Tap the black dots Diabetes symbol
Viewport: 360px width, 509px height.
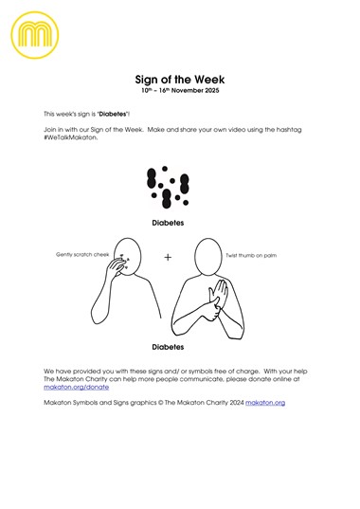[167, 189]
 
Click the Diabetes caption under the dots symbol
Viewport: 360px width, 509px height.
[167, 224]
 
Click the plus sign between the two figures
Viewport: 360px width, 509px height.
[168, 258]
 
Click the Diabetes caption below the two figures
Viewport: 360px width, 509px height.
[167, 346]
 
